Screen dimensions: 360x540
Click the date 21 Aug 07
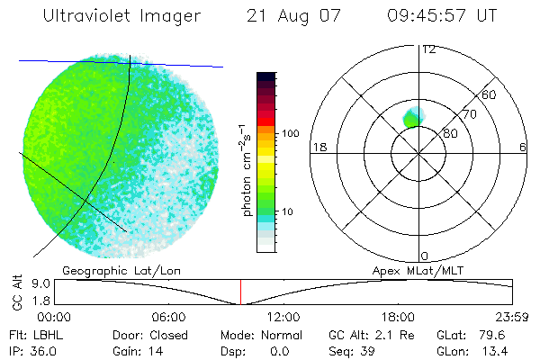[x=297, y=16]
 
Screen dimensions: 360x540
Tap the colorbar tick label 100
[x=289, y=133]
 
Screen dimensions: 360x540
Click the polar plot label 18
[x=318, y=147]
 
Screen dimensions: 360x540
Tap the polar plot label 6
[x=523, y=147]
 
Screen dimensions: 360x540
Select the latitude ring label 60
[x=490, y=94]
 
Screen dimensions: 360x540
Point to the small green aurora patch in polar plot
[x=414, y=117]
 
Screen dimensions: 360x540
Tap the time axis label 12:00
[x=283, y=318]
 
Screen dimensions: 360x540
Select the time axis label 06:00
[x=169, y=318]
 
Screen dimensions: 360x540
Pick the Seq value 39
[x=365, y=350]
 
